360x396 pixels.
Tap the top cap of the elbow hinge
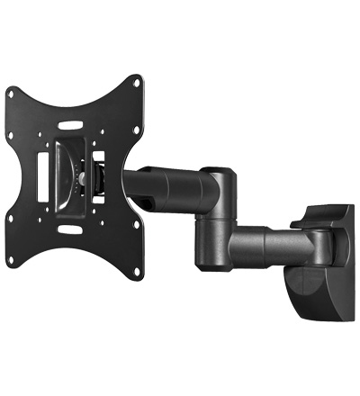pyautogui.click(x=217, y=171)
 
